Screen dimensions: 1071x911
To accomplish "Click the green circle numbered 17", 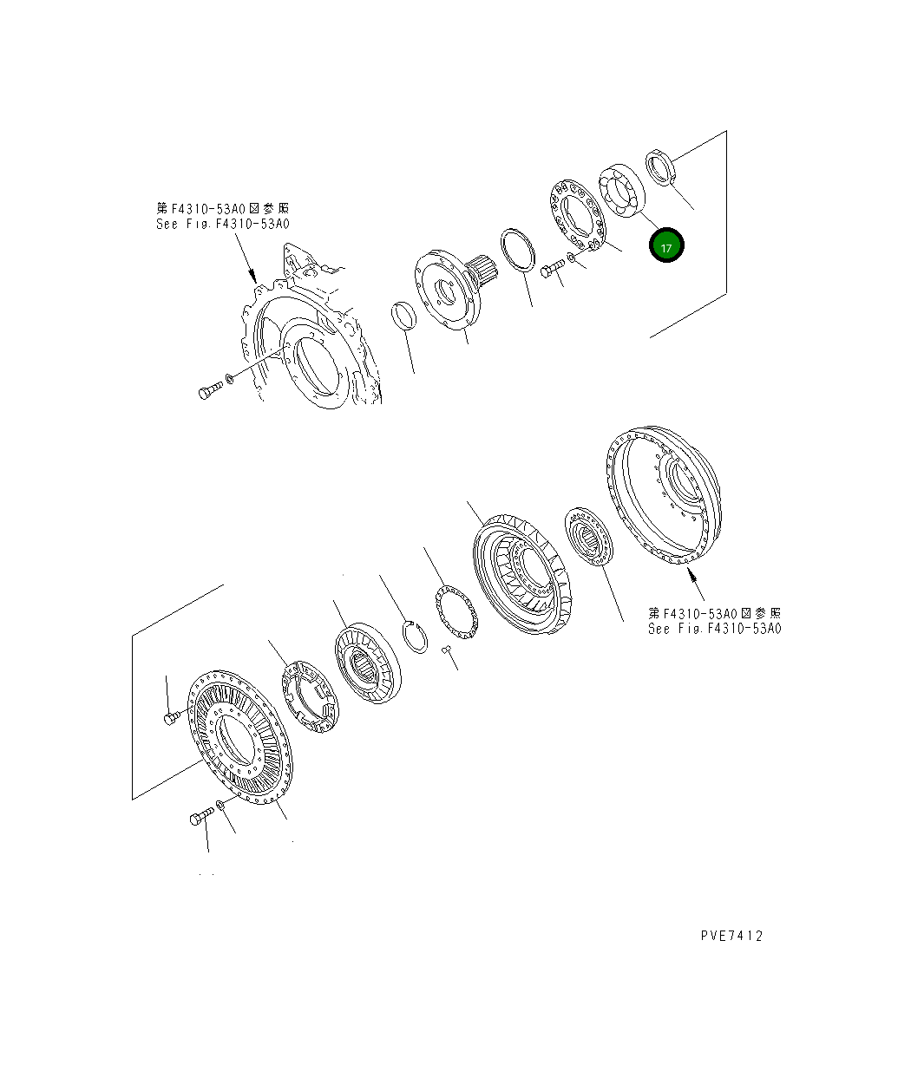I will coord(666,246).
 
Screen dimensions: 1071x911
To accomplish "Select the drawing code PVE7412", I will coord(731,936).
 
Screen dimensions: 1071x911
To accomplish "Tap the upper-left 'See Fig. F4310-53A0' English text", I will coord(222,224).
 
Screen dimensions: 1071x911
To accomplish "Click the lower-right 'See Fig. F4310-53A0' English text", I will coord(714,628).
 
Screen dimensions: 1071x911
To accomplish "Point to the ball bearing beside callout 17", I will coord(620,192).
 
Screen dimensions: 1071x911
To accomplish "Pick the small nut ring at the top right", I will coord(661,167).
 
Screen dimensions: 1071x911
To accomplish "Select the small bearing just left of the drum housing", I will coord(589,536).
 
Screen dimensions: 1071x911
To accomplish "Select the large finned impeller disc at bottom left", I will coord(240,737).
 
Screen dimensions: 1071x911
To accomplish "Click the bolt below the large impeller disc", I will coord(201,817).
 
